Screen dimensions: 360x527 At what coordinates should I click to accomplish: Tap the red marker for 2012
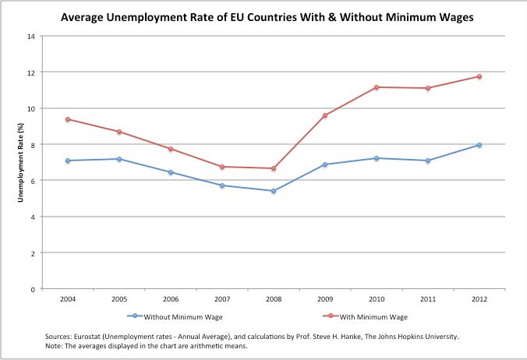point(479,76)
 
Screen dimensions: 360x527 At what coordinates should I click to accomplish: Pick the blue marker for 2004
point(68,161)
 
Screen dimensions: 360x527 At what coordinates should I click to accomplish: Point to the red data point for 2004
point(68,119)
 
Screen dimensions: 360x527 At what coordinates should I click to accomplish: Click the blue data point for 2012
point(479,145)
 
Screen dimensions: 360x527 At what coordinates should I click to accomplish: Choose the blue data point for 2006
point(171,172)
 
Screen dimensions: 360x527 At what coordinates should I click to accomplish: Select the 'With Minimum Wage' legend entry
point(373,316)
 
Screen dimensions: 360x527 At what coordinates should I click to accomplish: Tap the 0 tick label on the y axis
point(33,289)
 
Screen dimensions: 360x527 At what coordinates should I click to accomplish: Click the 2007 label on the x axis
point(222,298)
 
